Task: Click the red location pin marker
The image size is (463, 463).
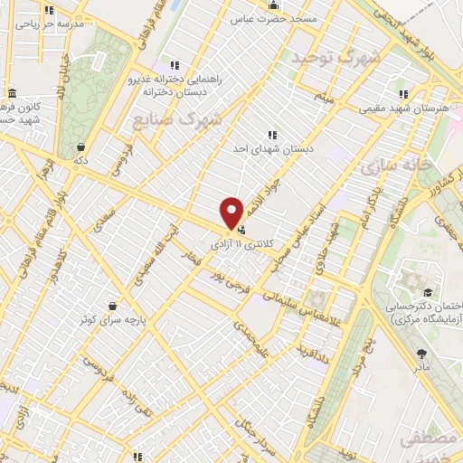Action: [x=231, y=212]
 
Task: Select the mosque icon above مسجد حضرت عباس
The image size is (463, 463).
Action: [x=274, y=5]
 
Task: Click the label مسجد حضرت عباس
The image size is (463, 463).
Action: [x=272, y=18]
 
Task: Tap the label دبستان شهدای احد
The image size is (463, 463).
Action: [x=271, y=149]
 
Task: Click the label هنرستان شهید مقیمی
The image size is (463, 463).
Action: [x=399, y=108]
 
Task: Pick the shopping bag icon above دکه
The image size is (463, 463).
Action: [x=81, y=146]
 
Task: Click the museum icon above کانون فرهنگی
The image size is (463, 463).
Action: [x=11, y=94]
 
